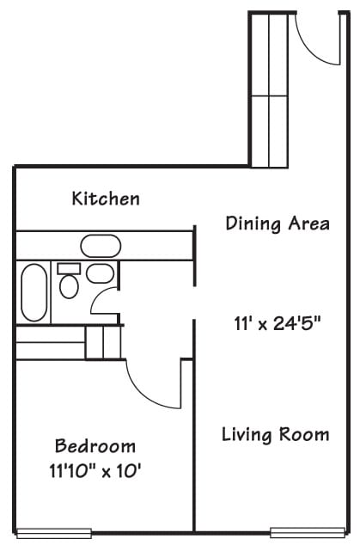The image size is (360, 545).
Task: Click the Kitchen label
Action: pos(106,198)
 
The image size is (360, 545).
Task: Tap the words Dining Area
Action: pos(278,224)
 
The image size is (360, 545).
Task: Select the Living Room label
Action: pos(275,435)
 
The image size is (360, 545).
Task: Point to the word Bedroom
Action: pos(95,446)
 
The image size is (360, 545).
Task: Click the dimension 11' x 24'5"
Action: pos(277,323)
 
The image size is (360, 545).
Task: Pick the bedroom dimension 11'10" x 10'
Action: pos(95,471)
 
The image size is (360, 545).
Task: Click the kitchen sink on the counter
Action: pos(101,246)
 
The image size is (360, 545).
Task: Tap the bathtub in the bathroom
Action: pos(34,292)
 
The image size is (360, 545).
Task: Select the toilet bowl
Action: pos(69,286)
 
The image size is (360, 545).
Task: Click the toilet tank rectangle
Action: pos(69,269)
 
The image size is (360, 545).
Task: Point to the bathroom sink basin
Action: pos(100,273)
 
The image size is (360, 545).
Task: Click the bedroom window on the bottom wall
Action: pos(54,534)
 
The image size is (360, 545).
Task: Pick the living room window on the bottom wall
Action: pos(308,532)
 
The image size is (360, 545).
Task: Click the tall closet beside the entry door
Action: pos(269,90)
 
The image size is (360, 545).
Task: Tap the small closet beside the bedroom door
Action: pos(104,342)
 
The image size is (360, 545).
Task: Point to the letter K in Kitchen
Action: pos(77,198)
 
